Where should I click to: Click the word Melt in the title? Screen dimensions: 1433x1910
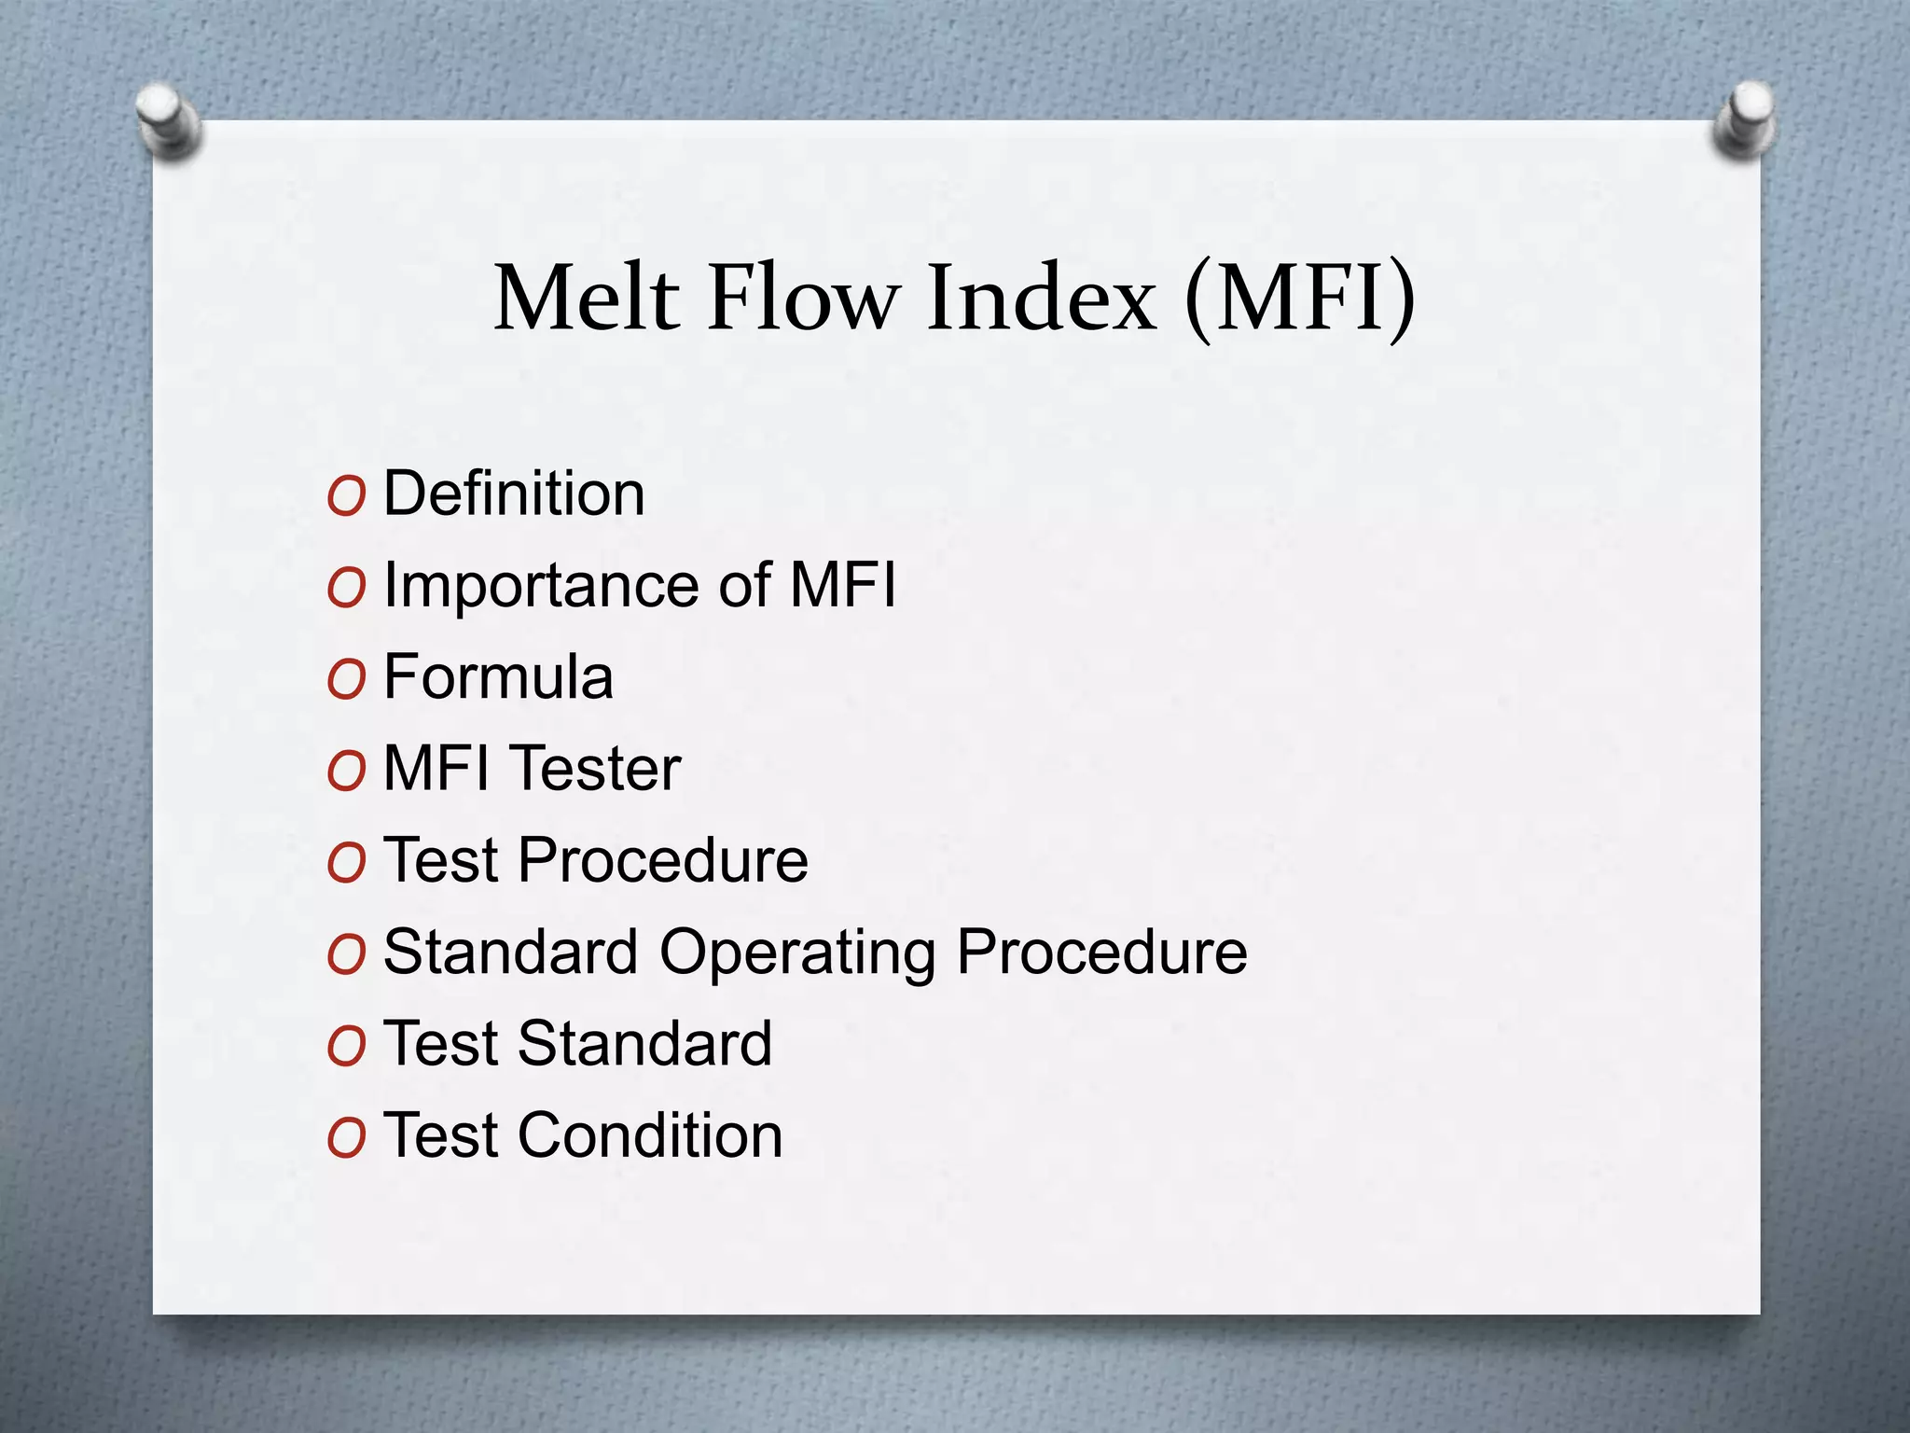[x=587, y=298]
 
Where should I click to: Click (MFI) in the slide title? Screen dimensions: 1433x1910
[x=1300, y=298]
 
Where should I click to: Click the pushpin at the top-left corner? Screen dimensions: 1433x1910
[x=168, y=120]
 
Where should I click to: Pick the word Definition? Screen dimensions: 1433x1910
[x=514, y=494]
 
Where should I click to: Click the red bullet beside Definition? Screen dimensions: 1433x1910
[x=346, y=496]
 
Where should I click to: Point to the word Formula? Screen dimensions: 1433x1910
[x=498, y=676]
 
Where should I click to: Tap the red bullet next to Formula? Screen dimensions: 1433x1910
[x=346, y=680]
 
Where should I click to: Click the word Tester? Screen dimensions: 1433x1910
[x=598, y=769]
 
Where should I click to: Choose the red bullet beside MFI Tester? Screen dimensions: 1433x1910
[x=346, y=772]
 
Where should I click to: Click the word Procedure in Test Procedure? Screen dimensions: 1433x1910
[x=663, y=860]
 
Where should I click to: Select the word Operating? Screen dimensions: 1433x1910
[x=797, y=953]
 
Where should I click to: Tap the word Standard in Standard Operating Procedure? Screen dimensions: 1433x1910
[x=511, y=952]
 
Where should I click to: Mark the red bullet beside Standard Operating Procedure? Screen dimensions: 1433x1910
[x=346, y=955]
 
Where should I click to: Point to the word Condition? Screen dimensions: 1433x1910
[x=651, y=1135]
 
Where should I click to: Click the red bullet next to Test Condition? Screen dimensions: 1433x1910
[x=346, y=1139]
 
